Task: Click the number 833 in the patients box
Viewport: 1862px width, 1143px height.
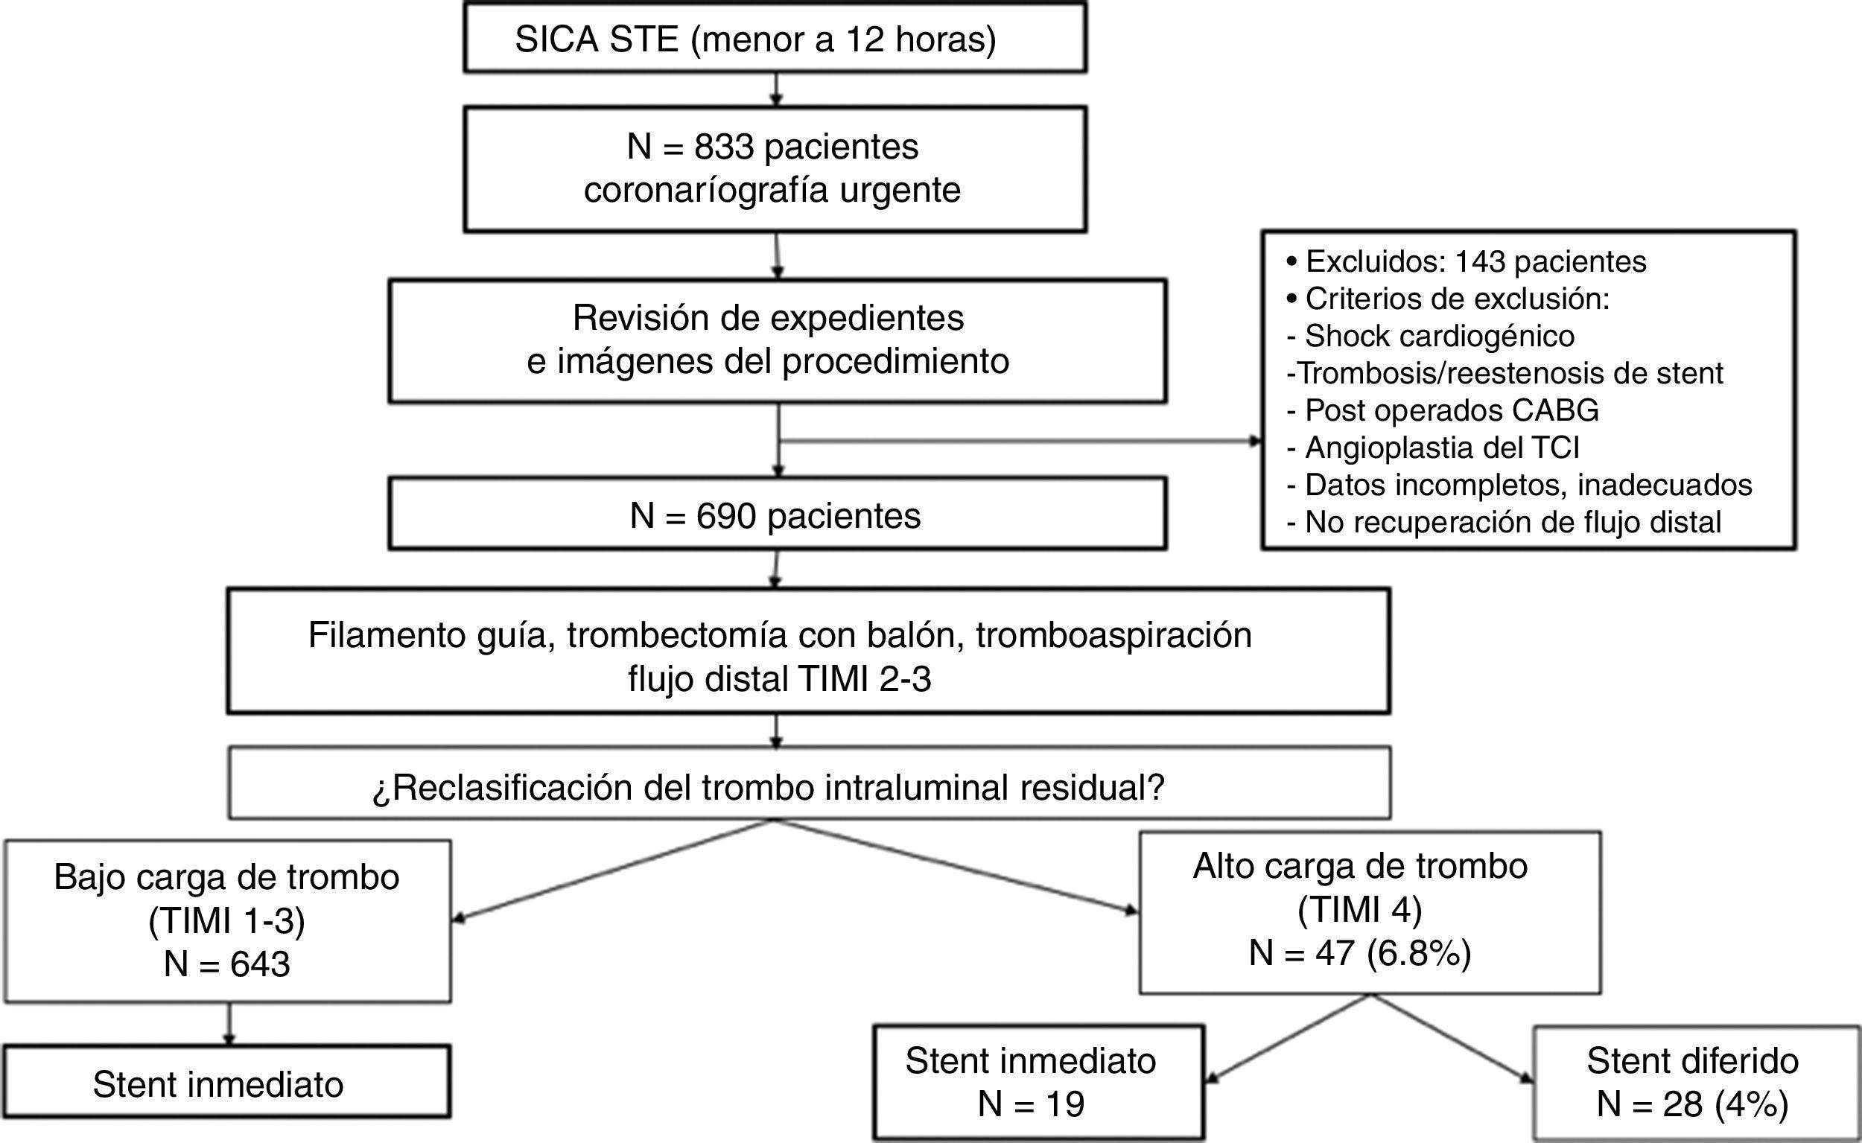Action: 724,147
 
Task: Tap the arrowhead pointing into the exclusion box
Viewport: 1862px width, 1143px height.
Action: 1256,442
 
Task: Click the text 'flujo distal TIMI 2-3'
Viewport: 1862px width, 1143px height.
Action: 779,679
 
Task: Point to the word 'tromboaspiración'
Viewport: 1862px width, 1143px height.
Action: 1113,635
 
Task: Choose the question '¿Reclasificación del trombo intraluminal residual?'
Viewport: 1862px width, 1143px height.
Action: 768,788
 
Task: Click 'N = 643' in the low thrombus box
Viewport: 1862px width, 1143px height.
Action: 227,964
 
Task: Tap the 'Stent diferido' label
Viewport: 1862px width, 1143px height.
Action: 1692,1060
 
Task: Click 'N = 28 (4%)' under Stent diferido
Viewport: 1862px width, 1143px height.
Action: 1692,1104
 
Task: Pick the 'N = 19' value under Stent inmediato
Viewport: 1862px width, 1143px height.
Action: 1031,1104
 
